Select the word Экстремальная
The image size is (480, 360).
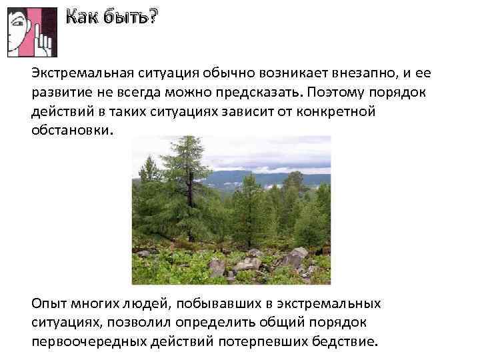pyautogui.click(x=81, y=72)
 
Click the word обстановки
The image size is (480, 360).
pyautogui.click(x=73, y=130)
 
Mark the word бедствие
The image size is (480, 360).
pyautogui.click(x=346, y=343)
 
